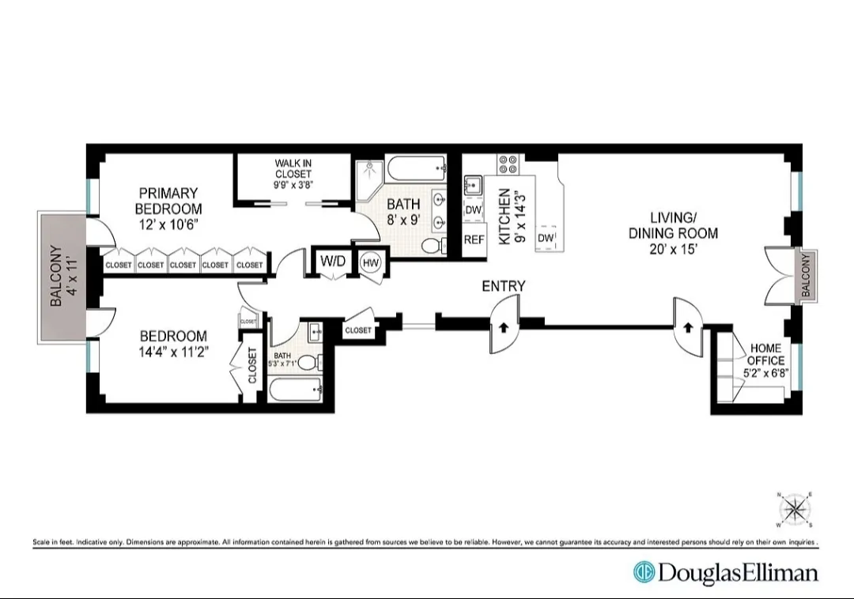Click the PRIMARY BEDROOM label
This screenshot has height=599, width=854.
168,201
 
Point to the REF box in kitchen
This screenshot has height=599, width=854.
474,239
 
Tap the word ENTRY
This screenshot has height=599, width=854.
504,286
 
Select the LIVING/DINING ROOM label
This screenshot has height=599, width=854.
673,225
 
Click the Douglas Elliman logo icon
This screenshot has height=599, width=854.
644,572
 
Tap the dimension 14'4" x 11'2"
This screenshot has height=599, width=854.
174,352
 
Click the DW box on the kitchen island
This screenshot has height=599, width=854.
545,238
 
